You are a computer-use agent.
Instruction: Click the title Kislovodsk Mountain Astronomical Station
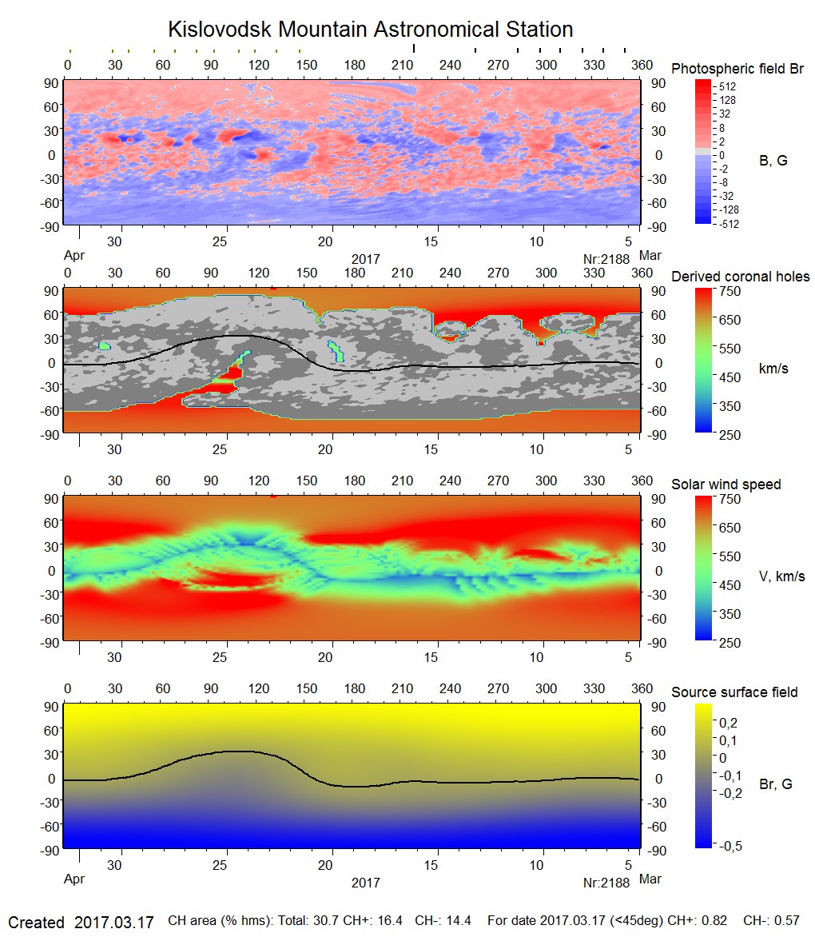370,30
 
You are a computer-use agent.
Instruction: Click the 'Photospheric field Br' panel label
737,69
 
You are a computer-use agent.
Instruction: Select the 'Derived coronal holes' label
740,277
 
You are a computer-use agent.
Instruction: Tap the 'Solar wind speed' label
726,484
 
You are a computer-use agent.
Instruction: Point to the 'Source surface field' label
734,692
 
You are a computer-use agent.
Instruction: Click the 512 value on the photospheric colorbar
728,86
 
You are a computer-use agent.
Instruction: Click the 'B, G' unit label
773,161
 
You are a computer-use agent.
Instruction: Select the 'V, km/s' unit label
781,576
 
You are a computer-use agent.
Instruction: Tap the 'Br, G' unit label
776,784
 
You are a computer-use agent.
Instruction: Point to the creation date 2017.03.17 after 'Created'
114,923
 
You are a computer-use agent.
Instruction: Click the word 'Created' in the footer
36,923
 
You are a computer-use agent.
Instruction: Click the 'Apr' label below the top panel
74,257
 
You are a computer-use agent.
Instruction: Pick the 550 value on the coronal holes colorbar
731,349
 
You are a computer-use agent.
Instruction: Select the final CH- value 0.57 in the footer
789,922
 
